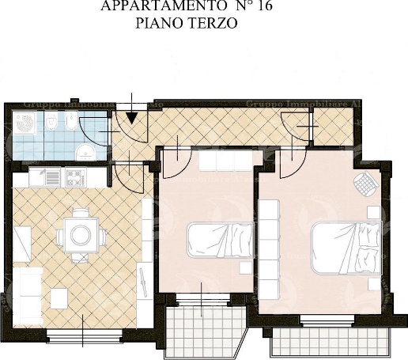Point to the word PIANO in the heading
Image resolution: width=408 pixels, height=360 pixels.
click(x=158, y=23)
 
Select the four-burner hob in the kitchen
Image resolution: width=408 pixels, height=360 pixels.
click(x=75, y=176)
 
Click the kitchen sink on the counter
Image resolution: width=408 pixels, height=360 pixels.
click(x=47, y=176)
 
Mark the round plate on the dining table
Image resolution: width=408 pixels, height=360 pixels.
click(x=81, y=233)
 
